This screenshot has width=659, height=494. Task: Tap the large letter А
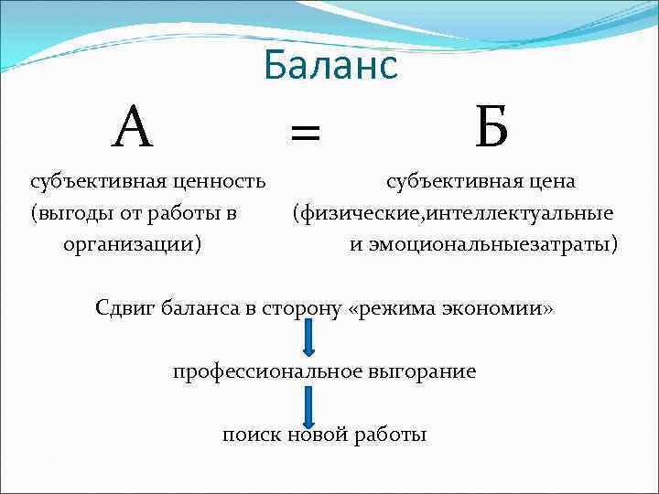(x=134, y=129)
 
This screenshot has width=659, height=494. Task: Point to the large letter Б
(x=492, y=129)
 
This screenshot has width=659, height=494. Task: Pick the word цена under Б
(x=548, y=181)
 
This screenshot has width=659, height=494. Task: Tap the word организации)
(x=133, y=245)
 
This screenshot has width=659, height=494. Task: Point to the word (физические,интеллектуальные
(x=452, y=214)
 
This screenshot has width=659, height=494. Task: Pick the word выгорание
(x=420, y=371)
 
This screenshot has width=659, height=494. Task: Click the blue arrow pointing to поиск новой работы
(x=308, y=403)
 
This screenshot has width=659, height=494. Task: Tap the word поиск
(x=252, y=435)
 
